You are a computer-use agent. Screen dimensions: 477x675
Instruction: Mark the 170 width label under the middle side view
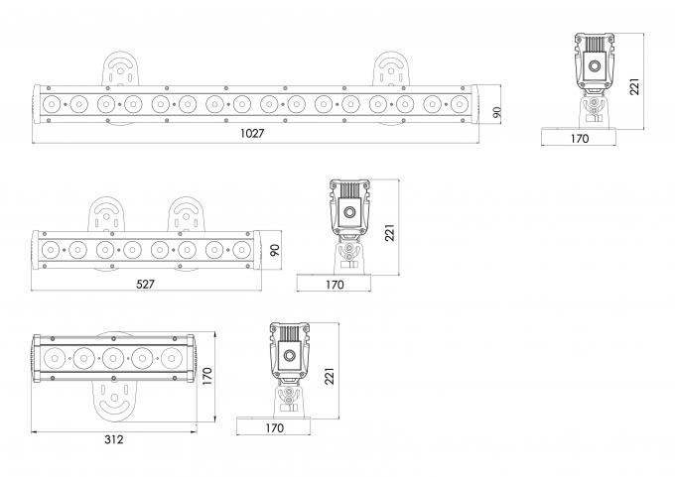tap(335, 285)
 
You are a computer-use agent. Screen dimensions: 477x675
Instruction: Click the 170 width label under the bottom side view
tap(275, 428)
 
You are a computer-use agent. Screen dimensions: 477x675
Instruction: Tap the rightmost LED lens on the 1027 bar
tap(460, 102)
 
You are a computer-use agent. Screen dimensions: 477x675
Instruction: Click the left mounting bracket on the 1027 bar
tap(120, 70)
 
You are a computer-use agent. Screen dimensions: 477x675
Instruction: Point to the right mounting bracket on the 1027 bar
tap(391, 70)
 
